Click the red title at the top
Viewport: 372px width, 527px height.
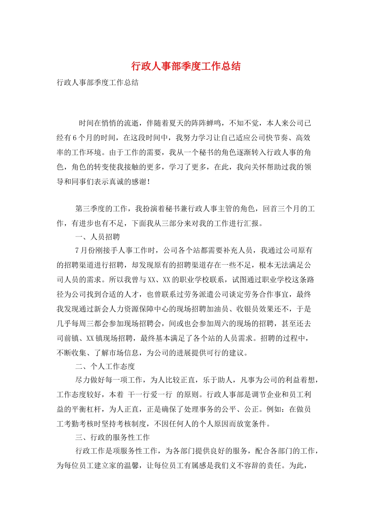click(186, 66)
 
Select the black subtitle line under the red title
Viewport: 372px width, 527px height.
click(98, 82)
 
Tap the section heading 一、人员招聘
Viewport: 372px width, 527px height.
click(98, 237)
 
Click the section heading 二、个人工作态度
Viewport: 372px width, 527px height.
click(105, 366)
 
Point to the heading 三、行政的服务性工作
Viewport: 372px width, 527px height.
click(112, 437)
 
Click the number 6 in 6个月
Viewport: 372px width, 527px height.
click(75, 138)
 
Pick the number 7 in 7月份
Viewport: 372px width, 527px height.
click(77, 250)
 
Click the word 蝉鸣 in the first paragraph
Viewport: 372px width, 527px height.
click(214, 123)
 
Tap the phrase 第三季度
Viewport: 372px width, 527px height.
click(90, 209)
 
